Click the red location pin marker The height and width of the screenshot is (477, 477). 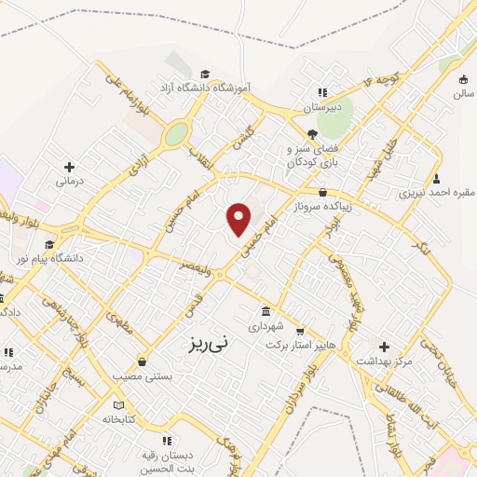(239, 218)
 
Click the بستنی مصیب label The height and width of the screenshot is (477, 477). (143, 376)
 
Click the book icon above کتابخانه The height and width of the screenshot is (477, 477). (117, 404)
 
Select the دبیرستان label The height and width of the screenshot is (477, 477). (323, 107)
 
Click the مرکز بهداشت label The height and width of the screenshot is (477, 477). (382, 361)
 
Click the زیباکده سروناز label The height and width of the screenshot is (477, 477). (322, 207)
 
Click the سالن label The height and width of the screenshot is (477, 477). (463, 94)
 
